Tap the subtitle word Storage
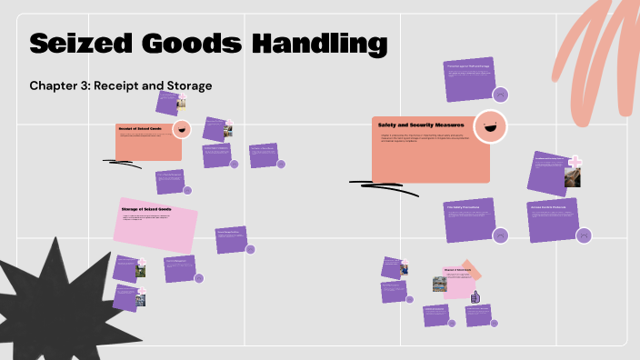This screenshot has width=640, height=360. click(x=183, y=85)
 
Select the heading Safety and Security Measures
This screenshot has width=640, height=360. click(x=421, y=125)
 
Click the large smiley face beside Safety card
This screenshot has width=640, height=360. click(x=490, y=127)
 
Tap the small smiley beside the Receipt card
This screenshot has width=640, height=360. click(x=181, y=129)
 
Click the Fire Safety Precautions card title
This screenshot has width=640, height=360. click(x=463, y=207)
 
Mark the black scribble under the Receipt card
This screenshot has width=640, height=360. click(x=123, y=164)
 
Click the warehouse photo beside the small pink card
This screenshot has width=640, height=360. click(x=439, y=284)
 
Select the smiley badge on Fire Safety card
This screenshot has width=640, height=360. click(x=499, y=235)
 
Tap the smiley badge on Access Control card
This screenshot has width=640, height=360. click(x=584, y=235)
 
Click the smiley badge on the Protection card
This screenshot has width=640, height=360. click(x=499, y=94)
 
